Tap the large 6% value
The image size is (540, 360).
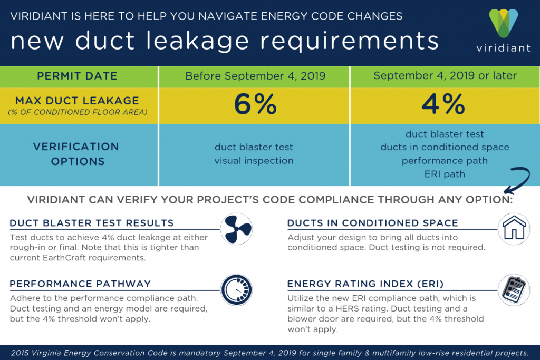(255, 105)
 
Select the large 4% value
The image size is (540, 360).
(445, 105)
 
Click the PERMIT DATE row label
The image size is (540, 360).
(78, 76)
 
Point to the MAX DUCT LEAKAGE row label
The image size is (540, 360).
(78, 100)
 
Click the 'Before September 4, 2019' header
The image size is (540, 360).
(255, 76)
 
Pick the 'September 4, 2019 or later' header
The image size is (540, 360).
(445, 76)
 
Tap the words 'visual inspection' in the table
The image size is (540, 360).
(254, 161)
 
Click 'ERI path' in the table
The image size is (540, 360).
(445, 174)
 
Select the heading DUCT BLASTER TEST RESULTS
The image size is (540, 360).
(91, 223)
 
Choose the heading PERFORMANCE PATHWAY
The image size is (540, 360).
(80, 284)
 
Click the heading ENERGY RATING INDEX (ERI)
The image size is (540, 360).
(361, 284)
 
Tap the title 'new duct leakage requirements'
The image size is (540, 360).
(225, 41)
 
